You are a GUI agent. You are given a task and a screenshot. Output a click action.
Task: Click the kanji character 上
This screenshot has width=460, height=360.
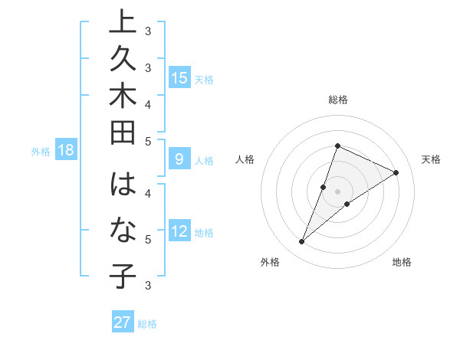point(123,23)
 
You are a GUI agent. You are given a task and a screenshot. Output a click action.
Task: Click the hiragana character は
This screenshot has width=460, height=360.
point(123,185)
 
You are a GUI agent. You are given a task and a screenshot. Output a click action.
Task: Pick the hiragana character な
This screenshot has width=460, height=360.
point(123,230)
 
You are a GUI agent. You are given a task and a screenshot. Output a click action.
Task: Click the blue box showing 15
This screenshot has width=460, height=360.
point(179,77)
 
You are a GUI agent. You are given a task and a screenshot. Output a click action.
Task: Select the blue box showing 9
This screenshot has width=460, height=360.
point(179,159)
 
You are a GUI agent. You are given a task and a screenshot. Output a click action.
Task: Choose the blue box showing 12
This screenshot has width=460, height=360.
point(179,231)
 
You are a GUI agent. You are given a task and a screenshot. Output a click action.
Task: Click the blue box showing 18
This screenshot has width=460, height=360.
point(66,150)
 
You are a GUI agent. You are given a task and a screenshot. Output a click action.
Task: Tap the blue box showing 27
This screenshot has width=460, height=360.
point(123,322)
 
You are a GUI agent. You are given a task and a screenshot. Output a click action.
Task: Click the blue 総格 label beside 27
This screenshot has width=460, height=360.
point(148,324)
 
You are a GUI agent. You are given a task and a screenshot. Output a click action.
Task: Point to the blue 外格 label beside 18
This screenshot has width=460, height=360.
point(41,152)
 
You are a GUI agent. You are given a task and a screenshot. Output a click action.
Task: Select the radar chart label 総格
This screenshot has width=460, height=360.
point(338,100)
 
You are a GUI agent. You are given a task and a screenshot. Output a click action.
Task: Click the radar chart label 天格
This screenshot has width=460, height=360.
point(432,159)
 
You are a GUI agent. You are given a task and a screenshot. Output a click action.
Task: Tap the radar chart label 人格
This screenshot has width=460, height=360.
point(245,159)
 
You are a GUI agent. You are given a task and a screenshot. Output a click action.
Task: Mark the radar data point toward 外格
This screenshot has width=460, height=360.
point(302,242)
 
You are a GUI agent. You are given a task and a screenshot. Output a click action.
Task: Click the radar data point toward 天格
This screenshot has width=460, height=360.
point(396,173)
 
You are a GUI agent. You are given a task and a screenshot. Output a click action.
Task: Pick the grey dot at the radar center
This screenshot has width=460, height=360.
point(338,191)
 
